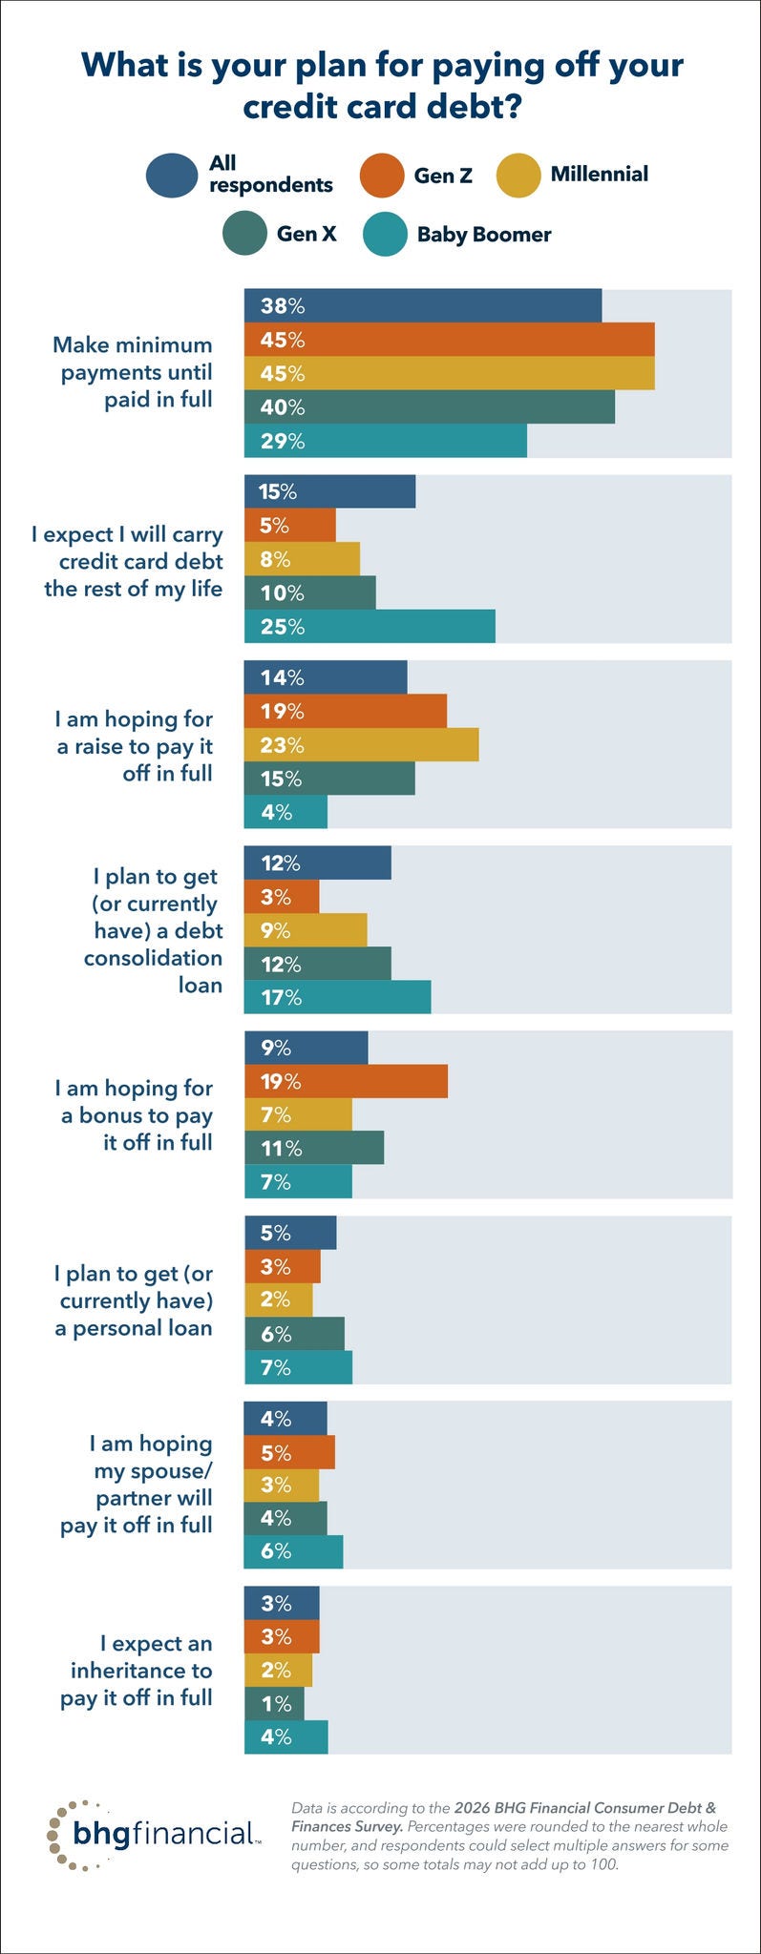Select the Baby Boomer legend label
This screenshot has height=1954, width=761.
pos(483,235)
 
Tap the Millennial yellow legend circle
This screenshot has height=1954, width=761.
pos(521,176)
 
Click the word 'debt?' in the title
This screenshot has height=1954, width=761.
pos(473,106)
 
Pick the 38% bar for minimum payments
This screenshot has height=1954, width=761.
pos(423,305)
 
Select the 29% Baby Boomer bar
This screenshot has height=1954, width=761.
pos(386,441)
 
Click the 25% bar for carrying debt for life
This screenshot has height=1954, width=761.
pos(370,627)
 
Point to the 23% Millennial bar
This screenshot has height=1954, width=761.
pos(361,745)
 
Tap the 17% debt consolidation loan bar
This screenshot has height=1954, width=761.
pos(337,997)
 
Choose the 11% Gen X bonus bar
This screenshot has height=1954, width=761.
pos(314,1149)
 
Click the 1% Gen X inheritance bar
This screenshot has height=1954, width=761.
pos(274,1703)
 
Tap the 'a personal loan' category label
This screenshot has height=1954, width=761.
pos(134,1328)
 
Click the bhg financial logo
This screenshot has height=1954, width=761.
pos(152,1833)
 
